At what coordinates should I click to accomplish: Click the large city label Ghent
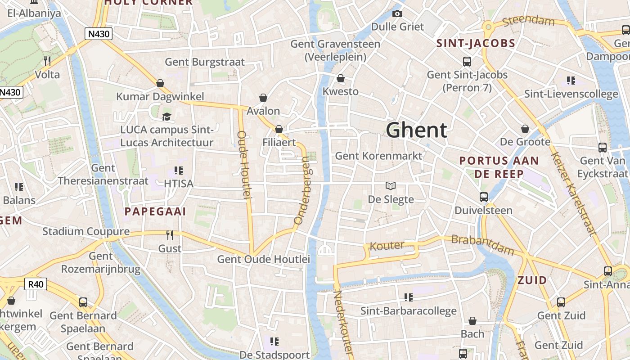pyautogui.click(x=417, y=130)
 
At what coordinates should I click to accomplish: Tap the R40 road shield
pyautogui.click(x=36, y=284)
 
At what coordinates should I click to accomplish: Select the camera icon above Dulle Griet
pyautogui.click(x=397, y=14)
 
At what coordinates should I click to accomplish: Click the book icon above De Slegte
pyautogui.click(x=391, y=186)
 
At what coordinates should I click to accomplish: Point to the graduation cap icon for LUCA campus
pyautogui.click(x=167, y=117)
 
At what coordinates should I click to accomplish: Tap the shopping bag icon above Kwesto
pyautogui.click(x=341, y=79)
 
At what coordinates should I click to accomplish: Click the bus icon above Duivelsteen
pyautogui.click(x=484, y=197)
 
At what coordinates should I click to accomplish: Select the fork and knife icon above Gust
pyautogui.click(x=170, y=235)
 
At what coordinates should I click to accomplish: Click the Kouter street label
pyautogui.click(x=387, y=246)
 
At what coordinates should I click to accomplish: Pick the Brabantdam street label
pyautogui.click(x=482, y=244)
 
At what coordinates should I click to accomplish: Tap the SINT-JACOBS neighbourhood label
pyautogui.click(x=476, y=44)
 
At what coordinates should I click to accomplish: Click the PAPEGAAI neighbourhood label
pyautogui.click(x=155, y=211)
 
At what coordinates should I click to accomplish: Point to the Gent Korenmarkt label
pyautogui.click(x=379, y=156)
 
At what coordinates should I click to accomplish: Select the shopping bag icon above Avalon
pyautogui.click(x=263, y=98)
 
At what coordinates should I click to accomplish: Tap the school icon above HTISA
pyautogui.click(x=178, y=171)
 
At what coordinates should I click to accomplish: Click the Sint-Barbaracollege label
pyautogui.click(x=409, y=311)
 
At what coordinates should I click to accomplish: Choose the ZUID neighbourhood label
pyautogui.click(x=532, y=280)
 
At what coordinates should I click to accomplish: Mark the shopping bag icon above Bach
pyautogui.click(x=472, y=321)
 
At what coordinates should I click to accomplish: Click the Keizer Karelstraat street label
pyautogui.click(x=574, y=193)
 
